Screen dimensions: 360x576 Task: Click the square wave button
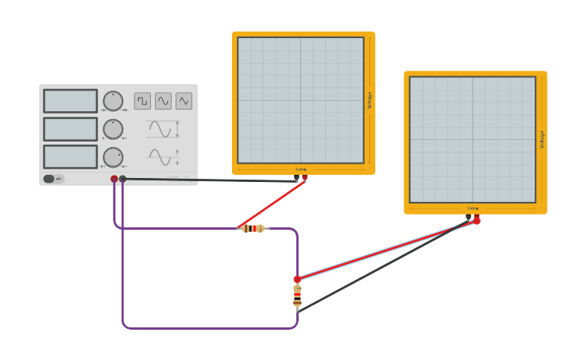(142, 101)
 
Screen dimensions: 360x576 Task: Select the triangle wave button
(184, 101)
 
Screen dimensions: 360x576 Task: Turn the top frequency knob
(113, 101)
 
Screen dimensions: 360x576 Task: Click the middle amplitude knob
(113, 129)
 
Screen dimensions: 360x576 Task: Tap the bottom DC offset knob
(113, 157)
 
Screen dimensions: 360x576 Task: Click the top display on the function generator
(70, 101)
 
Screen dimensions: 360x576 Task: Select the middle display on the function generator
(70, 129)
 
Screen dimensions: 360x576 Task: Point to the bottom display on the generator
(70, 157)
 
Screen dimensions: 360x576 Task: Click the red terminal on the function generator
(114, 179)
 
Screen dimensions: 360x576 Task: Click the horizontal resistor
(253, 228)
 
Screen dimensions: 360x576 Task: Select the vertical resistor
(297, 296)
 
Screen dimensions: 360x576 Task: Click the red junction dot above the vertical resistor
(297, 279)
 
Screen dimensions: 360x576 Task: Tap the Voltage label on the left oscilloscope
(369, 100)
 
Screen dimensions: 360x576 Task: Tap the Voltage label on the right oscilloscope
(542, 140)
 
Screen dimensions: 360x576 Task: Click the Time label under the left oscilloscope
(301, 169)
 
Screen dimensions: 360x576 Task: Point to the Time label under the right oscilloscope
(473, 209)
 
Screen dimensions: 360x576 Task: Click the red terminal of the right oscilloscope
(477, 219)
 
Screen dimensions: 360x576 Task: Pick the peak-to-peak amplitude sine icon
(161, 129)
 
